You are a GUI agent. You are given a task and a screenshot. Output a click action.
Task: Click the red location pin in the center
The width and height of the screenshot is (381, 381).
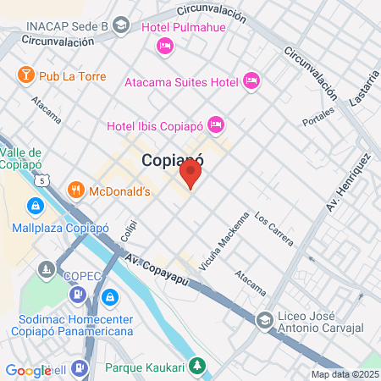click(190, 175)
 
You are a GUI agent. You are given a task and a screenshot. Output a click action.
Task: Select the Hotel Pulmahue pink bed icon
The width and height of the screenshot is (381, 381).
click(165, 45)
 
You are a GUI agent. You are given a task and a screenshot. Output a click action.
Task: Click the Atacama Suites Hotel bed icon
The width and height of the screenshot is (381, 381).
click(251, 80)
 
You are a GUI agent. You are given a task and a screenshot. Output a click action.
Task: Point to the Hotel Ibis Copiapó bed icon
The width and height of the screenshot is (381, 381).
click(215, 125)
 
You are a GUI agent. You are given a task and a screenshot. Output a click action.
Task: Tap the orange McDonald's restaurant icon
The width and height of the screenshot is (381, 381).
click(76, 190)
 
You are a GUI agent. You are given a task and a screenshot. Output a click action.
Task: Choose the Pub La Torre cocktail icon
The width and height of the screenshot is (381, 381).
click(25, 75)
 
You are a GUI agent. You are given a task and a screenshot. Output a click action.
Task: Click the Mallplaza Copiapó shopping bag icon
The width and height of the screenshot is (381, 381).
click(35, 206)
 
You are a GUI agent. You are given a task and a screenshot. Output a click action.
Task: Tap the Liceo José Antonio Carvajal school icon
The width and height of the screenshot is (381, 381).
click(265, 319)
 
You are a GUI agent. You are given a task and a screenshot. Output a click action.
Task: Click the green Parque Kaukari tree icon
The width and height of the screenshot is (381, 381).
click(197, 367)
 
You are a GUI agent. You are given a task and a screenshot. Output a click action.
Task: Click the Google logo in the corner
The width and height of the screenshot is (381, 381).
click(27, 370)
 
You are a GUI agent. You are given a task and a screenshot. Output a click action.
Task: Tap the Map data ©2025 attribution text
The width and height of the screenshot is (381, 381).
click(344, 374)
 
